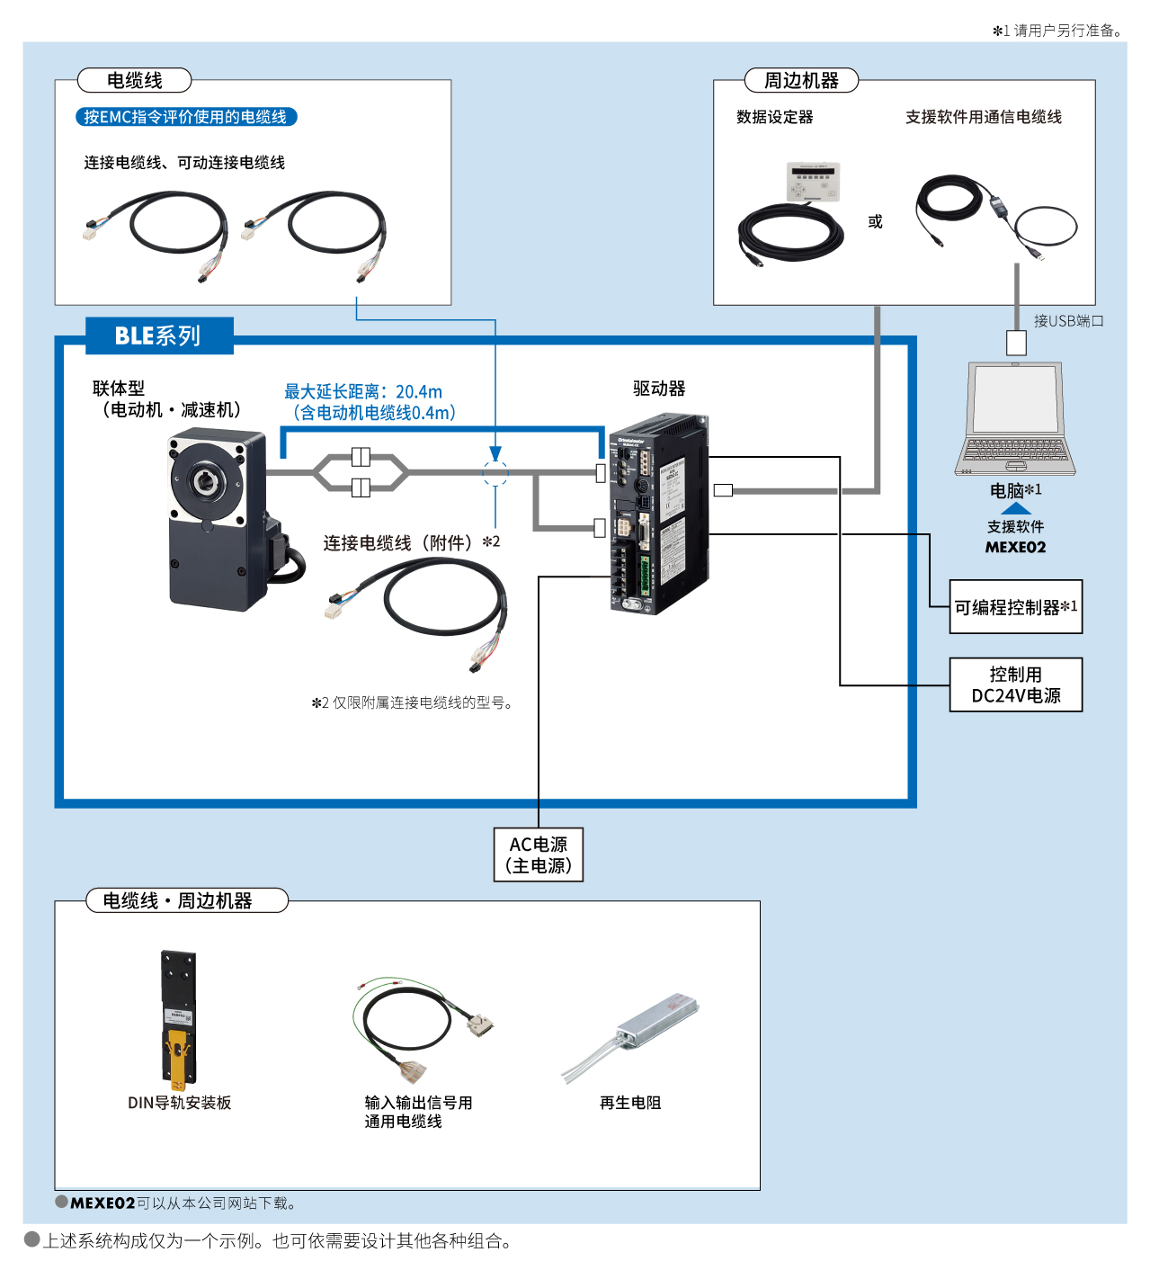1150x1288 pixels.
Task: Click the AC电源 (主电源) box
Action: pyautogui.click(x=539, y=854)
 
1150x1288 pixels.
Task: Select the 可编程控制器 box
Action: pyautogui.click(x=1015, y=607)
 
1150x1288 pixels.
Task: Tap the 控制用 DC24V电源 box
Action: pyautogui.click(x=1015, y=684)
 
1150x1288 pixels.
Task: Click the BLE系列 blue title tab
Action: pyautogui.click(x=159, y=335)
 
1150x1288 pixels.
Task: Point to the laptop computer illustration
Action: pyautogui.click(x=1015, y=418)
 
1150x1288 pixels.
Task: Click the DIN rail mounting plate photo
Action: pyautogui.click(x=178, y=1016)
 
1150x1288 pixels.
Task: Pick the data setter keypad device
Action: pyautogui.click(x=813, y=182)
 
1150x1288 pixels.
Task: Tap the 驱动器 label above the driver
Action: pyautogui.click(x=659, y=389)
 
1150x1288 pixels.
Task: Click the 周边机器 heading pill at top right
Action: pyautogui.click(x=801, y=81)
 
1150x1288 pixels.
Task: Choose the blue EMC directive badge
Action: pyautogui.click(x=186, y=117)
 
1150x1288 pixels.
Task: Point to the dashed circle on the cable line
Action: pyautogui.click(x=495, y=472)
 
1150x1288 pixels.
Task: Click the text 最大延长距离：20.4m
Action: pyautogui.click(x=363, y=391)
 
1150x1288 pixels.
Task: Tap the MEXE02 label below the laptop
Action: pyautogui.click(x=1015, y=547)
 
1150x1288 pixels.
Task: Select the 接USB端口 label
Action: pyautogui.click(x=1068, y=321)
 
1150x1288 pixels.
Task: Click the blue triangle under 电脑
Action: pyautogui.click(x=1016, y=508)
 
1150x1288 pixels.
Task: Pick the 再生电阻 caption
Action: pyautogui.click(x=630, y=1103)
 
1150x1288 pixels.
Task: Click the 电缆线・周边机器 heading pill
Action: pyautogui.click(x=187, y=900)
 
